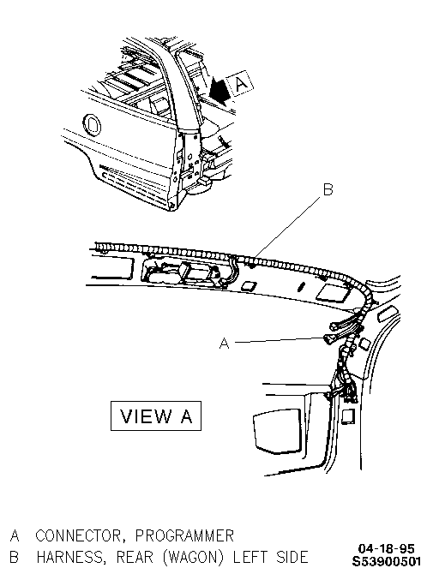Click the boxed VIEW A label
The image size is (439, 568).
pyautogui.click(x=156, y=416)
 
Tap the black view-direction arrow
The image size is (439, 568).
pyautogui.click(x=219, y=91)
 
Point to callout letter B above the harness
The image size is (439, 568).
pyautogui.click(x=328, y=189)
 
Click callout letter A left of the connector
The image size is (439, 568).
pyautogui.click(x=225, y=343)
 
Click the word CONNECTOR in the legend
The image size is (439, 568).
pyautogui.click(x=80, y=536)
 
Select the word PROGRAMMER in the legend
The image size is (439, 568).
pyautogui.click(x=184, y=535)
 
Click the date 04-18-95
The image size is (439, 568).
pyautogui.click(x=386, y=548)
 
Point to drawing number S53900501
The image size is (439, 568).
pyautogui.click(x=387, y=561)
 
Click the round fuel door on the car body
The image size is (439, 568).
pyautogui.click(x=92, y=124)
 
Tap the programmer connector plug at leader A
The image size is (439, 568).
pyautogui.click(x=329, y=339)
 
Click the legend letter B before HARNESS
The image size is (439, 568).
pyautogui.click(x=15, y=557)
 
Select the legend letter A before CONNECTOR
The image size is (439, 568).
pyautogui.click(x=15, y=536)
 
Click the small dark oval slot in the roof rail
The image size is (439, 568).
pyautogui.click(x=301, y=287)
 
